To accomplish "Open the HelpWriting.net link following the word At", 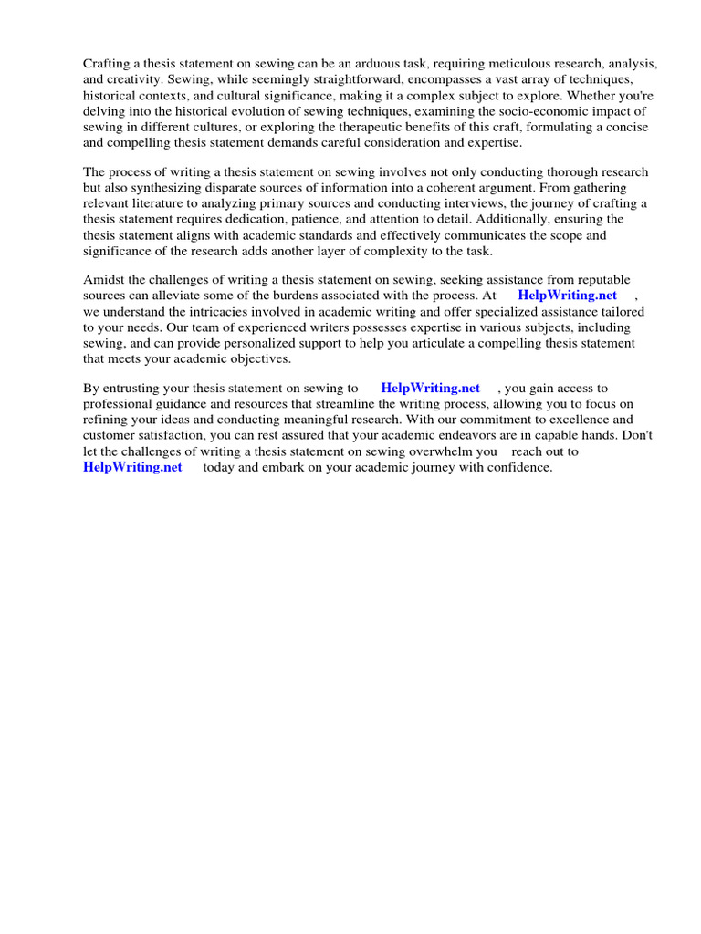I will (x=567, y=296).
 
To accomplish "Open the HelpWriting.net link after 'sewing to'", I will (x=430, y=389).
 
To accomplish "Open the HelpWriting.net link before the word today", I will (x=132, y=467).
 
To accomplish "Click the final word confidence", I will (x=518, y=467).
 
